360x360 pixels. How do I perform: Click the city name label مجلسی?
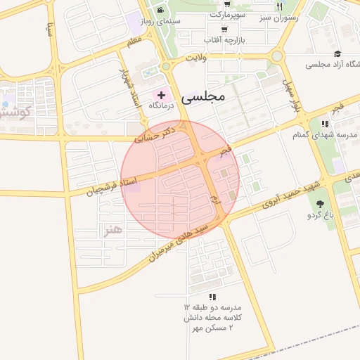(x=202, y=96)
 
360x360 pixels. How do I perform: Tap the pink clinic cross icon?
(x=162, y=94)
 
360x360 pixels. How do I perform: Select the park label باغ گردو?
(x=320, y=215)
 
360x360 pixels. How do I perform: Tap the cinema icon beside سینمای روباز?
(x=161, y=10)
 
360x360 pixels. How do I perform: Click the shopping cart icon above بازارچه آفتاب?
(x=224, y=30)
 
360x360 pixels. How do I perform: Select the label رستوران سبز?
(x=278, y=17)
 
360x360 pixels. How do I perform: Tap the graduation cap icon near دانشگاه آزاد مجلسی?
(x=337, y=53)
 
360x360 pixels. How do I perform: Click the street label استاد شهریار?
(x=127, y=88)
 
